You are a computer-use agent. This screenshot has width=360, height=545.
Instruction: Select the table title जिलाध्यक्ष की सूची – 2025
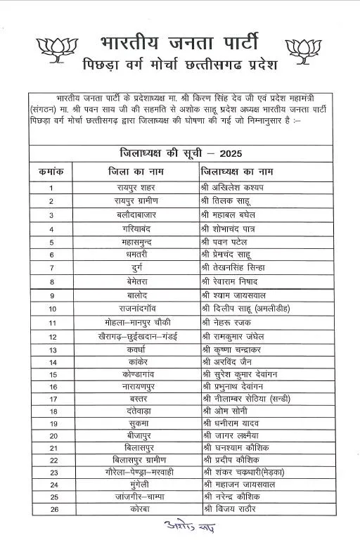click(181, 153)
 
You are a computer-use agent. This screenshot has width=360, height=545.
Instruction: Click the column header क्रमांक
click(51, 171)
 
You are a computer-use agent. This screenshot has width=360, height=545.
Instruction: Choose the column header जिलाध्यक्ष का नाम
click(237, 171)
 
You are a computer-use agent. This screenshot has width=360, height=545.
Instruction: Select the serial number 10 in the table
click(52, 308)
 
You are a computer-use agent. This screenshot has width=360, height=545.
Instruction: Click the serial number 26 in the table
click(52, 505)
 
